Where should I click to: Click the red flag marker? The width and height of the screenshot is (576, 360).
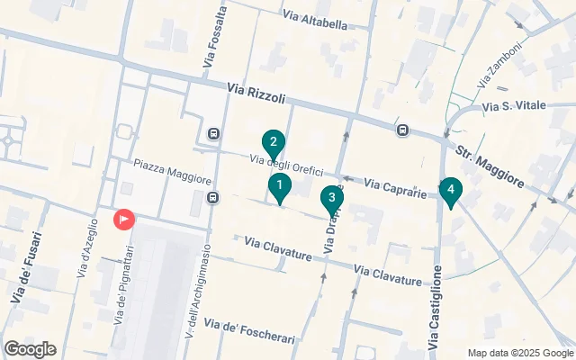click(x=123, y=219)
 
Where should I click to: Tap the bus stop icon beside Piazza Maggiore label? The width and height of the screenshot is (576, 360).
click(x=213, y=197)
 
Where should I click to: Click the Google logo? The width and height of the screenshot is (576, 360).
click(x=30, y=349)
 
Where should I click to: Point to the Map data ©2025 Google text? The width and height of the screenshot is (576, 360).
click(x=520, y=352)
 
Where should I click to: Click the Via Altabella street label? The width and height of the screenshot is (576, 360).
click(x=314, y=22)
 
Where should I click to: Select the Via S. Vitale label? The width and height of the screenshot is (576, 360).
click(x=514, y=106)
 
